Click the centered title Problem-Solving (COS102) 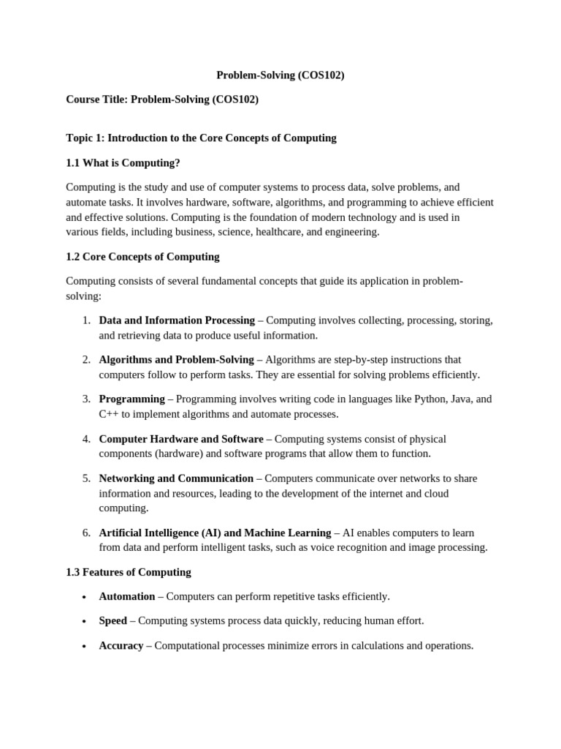[280, 75]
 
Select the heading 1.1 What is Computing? [123, 162]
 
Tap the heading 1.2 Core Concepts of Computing [142, 257]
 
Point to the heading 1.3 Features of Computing [129, 572]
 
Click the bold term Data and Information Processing [177, 320]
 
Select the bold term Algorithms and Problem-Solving [176, 360]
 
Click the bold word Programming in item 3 [131, 399]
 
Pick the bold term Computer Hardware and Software [181, 439]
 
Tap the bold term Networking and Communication [176, 478]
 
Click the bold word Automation [127, 597]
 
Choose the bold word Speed [113, 621]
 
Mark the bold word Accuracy [121, 646]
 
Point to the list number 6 [86, 532]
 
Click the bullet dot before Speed [85, 622]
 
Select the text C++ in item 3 [109, 414]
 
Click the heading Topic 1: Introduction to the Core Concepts [201, 138]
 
